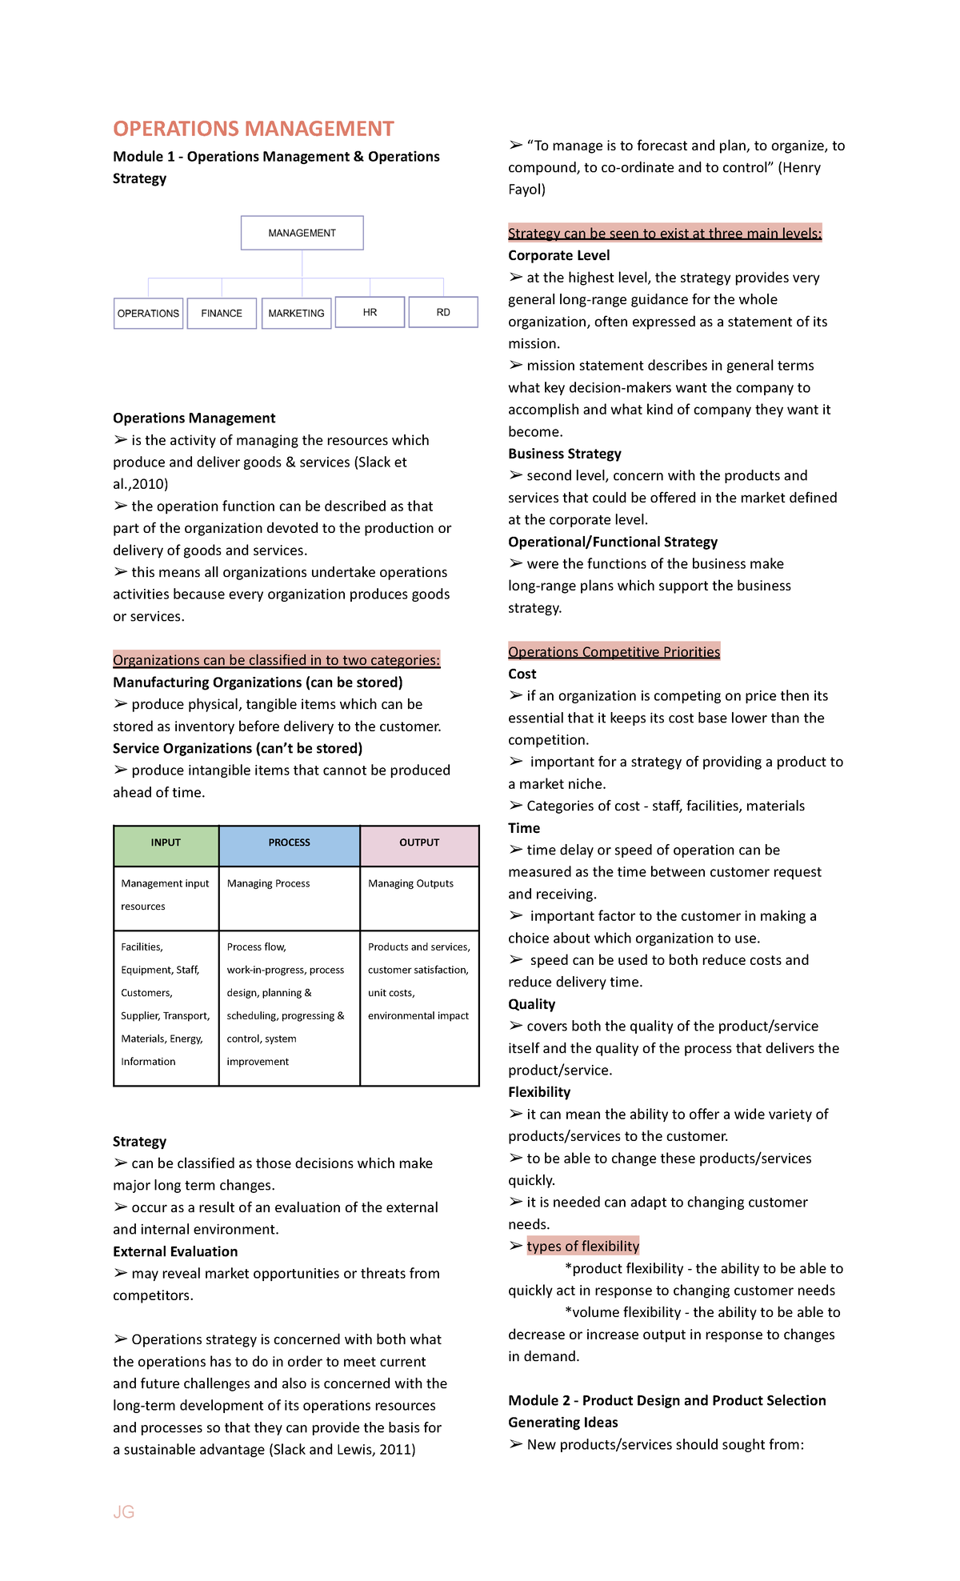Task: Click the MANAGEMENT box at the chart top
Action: tap(302, 233)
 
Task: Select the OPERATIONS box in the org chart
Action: tap(148, 313)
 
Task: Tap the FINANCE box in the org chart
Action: tap(222, 313)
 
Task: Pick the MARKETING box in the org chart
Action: tap(296, 313)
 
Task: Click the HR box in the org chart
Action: tap(370, 312)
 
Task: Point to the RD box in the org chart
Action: tap(443, 312)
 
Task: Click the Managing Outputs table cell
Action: tap(411, 884)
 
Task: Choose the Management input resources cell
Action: tap(165, 895)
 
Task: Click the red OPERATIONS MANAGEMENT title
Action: tap(253, 129)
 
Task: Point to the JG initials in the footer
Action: tap(124, 1511)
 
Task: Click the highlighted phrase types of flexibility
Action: tap(582, 1246)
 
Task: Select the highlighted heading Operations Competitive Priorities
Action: tap(614, 651)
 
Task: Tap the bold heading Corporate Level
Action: tap(558, 255)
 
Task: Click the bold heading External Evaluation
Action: tap(175, 1251)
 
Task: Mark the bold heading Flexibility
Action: tap(539, 1092)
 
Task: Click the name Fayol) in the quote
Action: tap(526, 190)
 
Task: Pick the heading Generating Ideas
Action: tap(562, 1422)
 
